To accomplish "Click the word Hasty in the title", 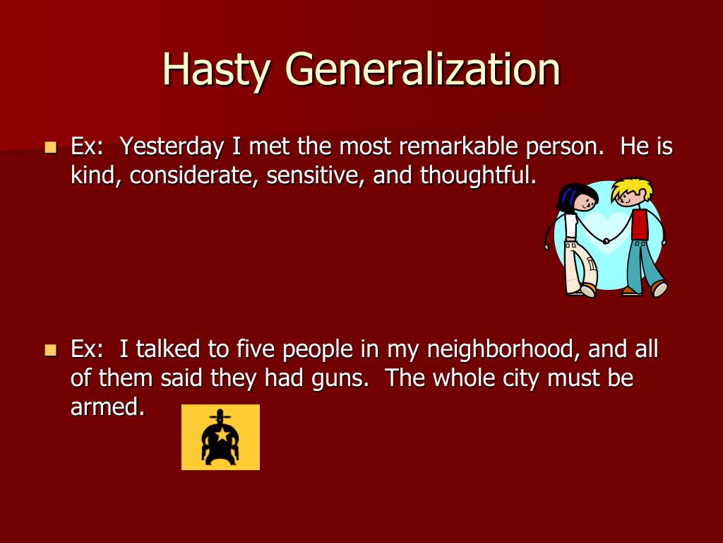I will (x=216, y=69).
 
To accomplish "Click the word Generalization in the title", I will (x=423, y=69).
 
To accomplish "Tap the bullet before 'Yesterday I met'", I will (x=50, y=148).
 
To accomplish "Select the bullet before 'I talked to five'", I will (x=50, y=350).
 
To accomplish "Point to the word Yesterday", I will (x=169, y=147).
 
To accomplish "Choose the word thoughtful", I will (x=478, y=175).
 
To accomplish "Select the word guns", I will (x=341, y=378).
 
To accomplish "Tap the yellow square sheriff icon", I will (x=220, y=437).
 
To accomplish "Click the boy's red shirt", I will (x=640, y=224).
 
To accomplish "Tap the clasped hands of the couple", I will (x=606, y=241).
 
